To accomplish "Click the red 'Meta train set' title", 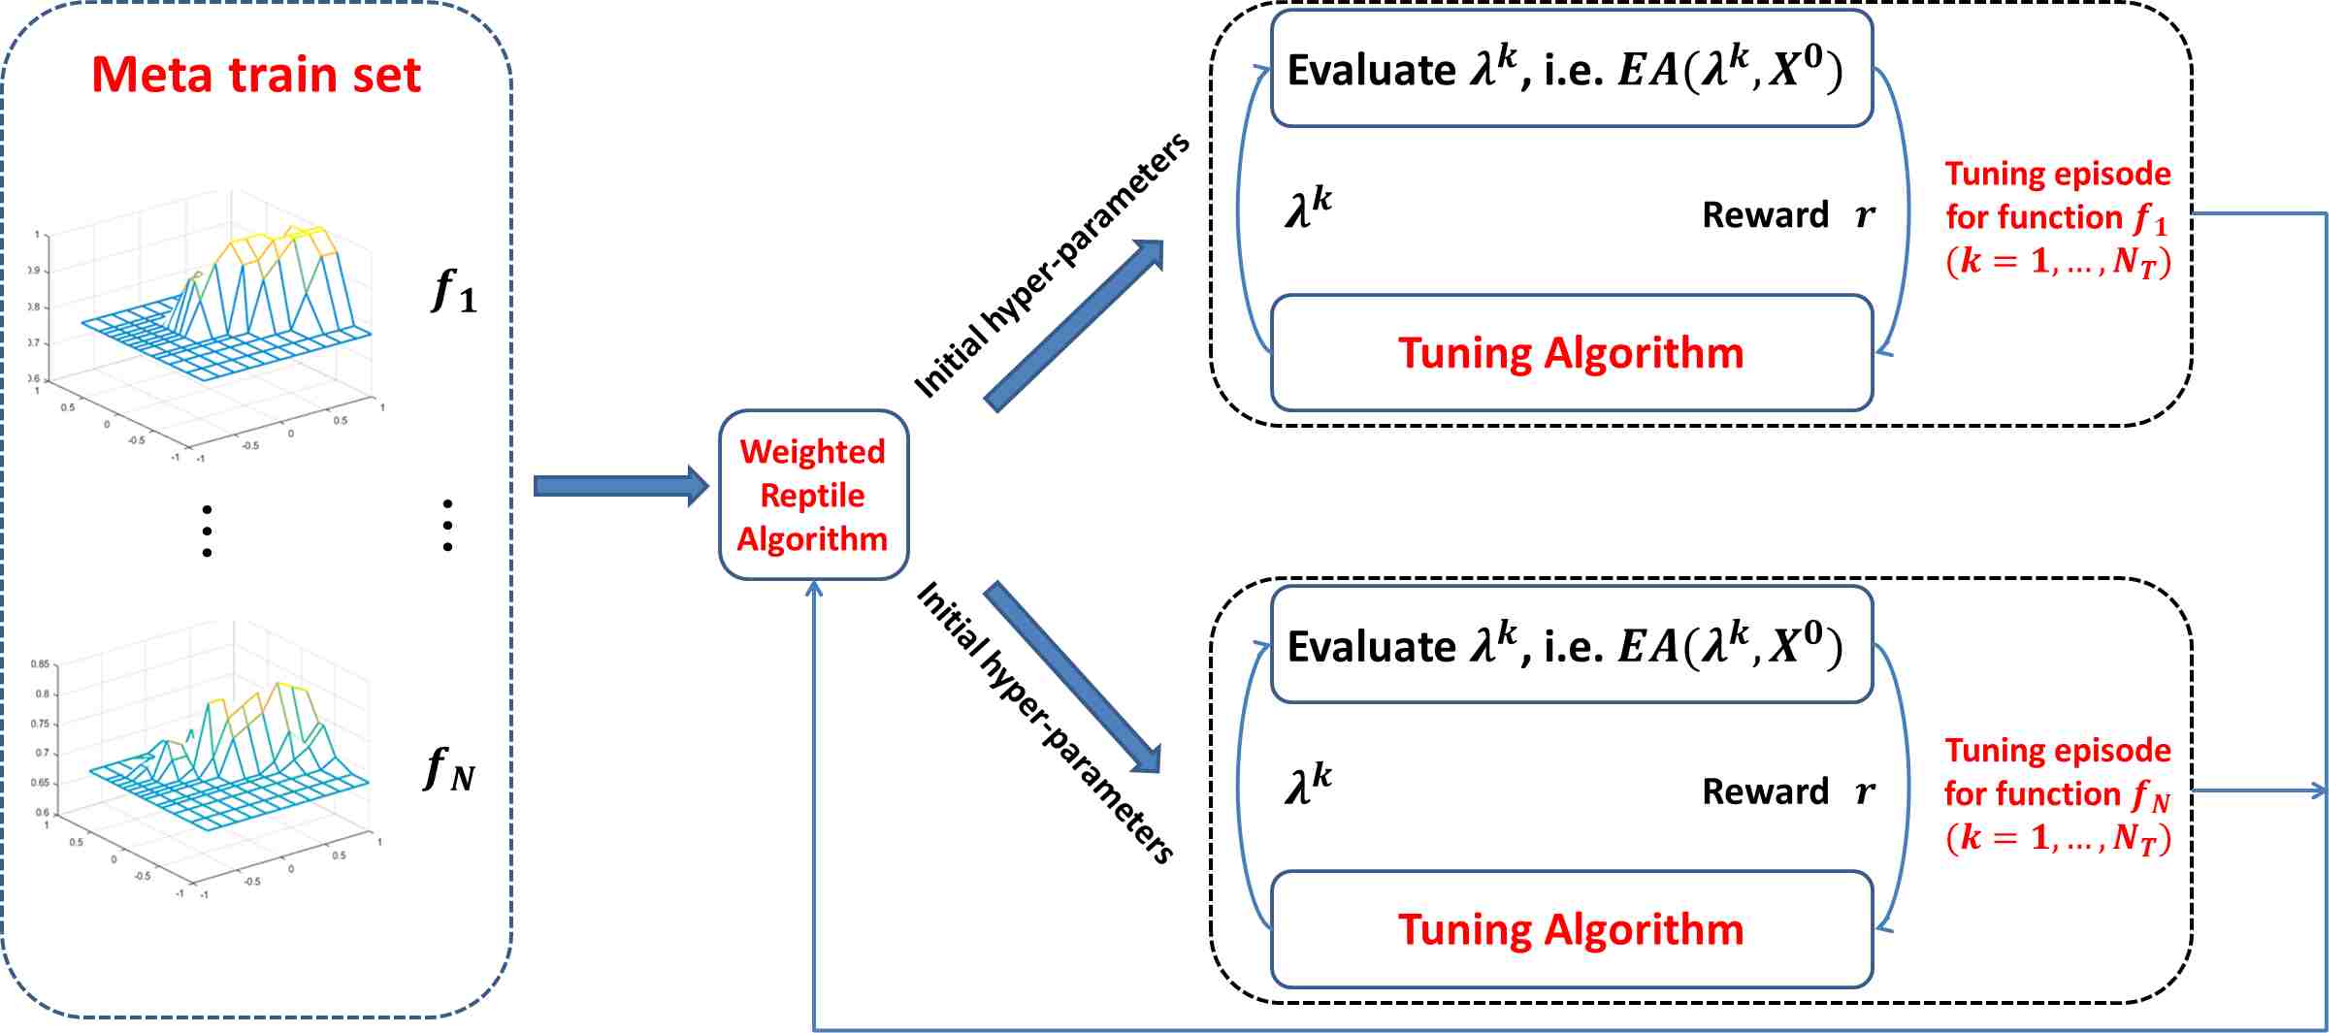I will click(x=256, y=76).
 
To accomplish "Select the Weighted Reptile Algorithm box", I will click(x=813, y=495).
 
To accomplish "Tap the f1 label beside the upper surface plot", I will click(x=453, y=291).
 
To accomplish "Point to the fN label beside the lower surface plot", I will click(x=449, y=770).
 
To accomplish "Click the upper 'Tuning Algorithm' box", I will click(x=1571, y=353).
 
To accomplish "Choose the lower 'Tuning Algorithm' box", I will click(x=1571, y=929).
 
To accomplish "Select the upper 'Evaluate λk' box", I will click(x=1571, y=70).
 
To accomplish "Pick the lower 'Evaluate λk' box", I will click(x=1571, y=646).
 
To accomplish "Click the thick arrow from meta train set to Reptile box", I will click(x=621, y=485).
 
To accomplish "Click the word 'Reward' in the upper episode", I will click(x=1765, y=214).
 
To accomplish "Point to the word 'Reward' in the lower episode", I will click(x=1765, y=791).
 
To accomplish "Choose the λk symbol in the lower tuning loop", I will click(x=1308, y=785).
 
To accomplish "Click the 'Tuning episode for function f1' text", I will click(x=2057, y=217).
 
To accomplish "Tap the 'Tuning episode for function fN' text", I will click(x=2057, y=793).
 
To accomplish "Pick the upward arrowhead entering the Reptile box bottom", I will click(x=814, y=589).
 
